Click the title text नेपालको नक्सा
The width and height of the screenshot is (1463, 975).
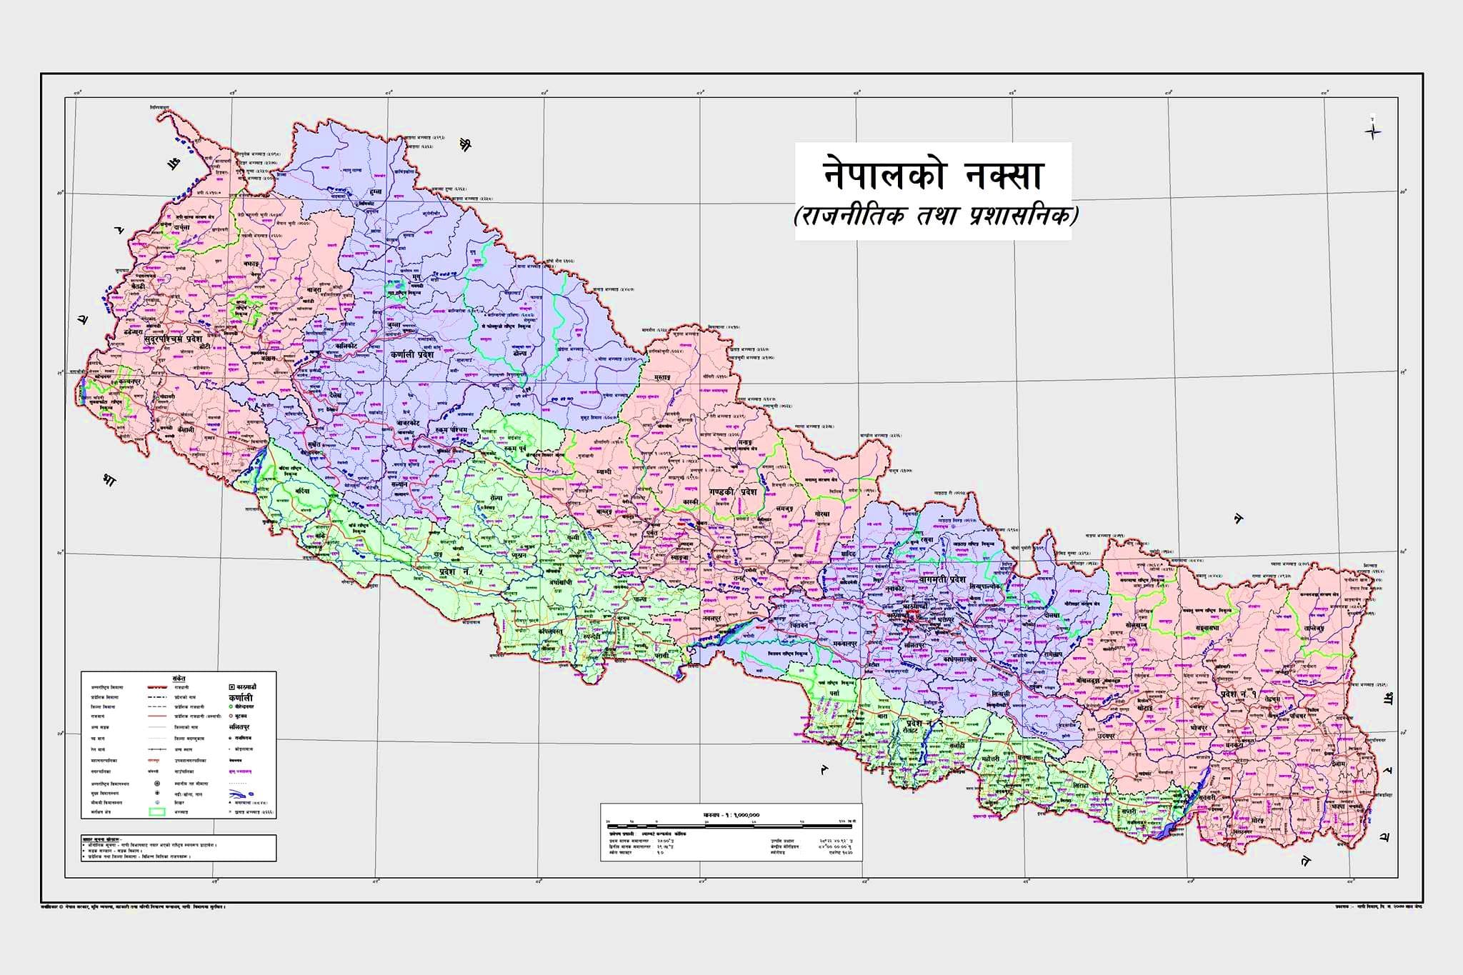click(x=932, y=175)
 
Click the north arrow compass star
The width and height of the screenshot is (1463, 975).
click(x=1372, y=131)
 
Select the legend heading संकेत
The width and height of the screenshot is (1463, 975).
click(x=179, y=676)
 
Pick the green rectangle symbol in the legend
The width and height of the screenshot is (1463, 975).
click(x=156, y=811)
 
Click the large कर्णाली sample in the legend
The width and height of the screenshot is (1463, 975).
click(x=241, y=697)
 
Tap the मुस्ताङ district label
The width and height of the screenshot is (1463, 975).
click(x=661, y=376)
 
